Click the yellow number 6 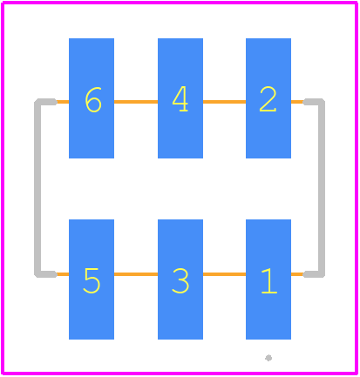[x=93, y=99]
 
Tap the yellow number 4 [x=180, y=98]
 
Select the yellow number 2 [x=268, y=99]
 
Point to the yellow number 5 [x=92, y=280]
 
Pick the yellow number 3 [x=180, y=280]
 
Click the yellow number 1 [x=269, y=280]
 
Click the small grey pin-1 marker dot [x=268, y=358]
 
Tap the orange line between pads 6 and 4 [x=136, y=102]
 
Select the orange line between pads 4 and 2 [x=224, y=102]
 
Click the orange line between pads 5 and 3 [x=136, y=274]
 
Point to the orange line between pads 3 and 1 [x=224, y=274]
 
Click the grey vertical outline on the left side [x=37, y=188]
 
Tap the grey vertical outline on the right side [x=322, y=188]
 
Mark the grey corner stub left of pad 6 [x=46, y=102]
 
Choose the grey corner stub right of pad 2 [x=314, y=102]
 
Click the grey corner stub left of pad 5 [x=46, y=274]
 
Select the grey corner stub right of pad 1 [x=314, y=274]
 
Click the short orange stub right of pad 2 [x=297, y=102]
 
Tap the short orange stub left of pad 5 [x=63, y=274]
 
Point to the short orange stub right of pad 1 [x=297, y=274]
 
